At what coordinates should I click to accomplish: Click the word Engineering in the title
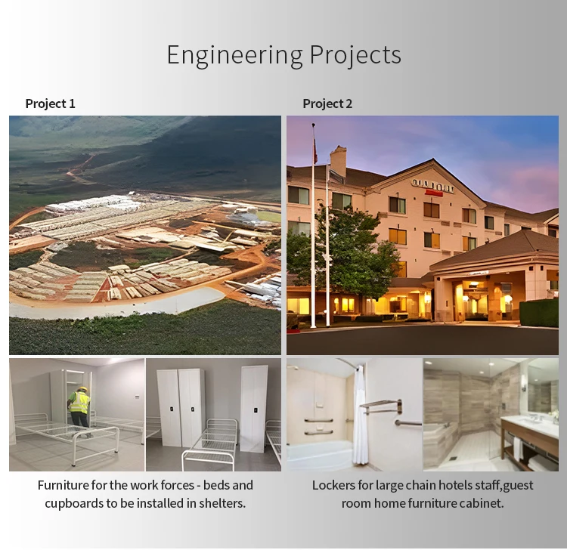tap(234, 56)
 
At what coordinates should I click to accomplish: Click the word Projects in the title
tap(355, 56)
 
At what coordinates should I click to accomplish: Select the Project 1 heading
tap(50, 104)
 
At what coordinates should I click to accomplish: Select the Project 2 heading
tap(327, 104)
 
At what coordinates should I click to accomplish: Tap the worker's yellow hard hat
tap(83, 389)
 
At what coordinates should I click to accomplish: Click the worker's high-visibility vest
tap(79, 402)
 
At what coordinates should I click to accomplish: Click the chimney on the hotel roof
tap(338, 161)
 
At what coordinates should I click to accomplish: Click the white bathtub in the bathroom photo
tap(320, 456)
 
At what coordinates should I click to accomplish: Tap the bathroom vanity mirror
tap(543, 390)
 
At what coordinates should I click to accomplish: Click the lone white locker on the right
tap(254, 408)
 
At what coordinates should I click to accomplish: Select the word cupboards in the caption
tap(74, 504)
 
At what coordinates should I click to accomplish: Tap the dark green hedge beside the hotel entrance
tap(539, 313)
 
